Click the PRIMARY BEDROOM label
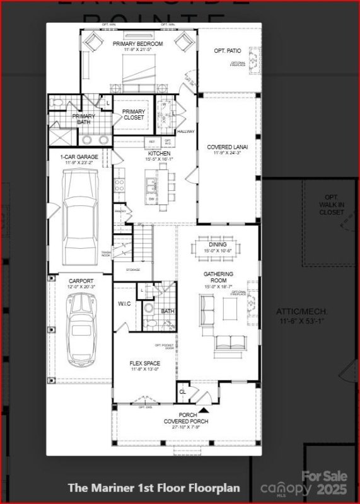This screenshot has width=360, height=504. click(137, 43)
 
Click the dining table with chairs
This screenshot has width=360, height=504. click(218, 244)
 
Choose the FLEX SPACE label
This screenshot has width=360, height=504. click(144, 364)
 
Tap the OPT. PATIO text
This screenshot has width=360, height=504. click(228, 50)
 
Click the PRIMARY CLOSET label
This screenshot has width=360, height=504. click(133, 115)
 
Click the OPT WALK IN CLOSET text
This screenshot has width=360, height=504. click(331, 205)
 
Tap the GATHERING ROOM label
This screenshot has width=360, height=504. click(218, 278)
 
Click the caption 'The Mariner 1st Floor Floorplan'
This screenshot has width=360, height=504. click(154, 488)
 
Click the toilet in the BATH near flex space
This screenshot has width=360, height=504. click(149, 308)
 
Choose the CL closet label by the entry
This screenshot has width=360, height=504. click(182, 391)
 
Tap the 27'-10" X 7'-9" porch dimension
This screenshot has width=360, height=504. click(185, 428)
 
